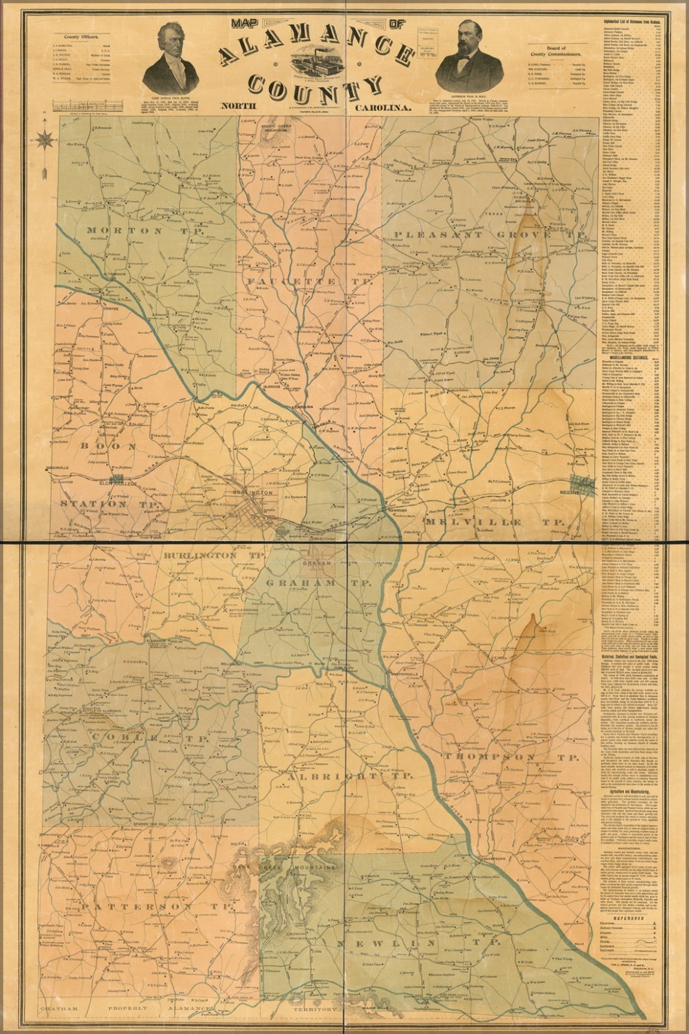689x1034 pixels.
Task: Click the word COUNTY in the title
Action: (310, 84)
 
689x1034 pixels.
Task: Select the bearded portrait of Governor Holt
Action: (466, 62)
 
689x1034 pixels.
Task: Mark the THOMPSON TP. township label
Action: (511, 757)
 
